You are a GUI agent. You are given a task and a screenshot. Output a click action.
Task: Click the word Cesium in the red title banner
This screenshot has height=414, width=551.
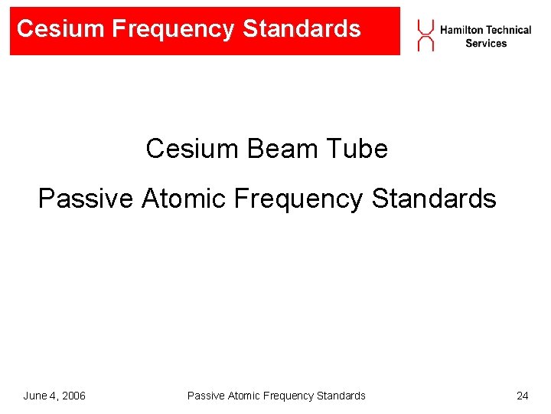click(x=60, y=29)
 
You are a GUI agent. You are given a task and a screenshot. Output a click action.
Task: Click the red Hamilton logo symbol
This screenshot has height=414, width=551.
click(x=425, y=35)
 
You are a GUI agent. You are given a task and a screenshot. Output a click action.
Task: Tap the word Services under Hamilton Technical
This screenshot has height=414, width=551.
click(x=486, y=44)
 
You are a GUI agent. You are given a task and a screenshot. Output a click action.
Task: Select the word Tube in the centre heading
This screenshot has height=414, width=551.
click(x=359, y=148)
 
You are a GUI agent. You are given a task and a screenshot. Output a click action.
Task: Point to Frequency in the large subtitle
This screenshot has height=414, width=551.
click(x=299, y=199)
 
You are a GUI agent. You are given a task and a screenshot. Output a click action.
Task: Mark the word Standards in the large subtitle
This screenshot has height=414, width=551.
click(x=434, y=199)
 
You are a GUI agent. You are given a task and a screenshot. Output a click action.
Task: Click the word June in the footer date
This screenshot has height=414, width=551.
click(x=35, y=396)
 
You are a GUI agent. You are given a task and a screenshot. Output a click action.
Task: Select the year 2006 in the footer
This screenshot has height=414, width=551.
click(x=72, y=396)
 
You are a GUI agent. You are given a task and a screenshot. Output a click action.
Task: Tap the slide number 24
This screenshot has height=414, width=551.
click(x=523, y=396)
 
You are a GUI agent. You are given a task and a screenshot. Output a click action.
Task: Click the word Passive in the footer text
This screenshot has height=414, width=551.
click(x=204, y=396)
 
